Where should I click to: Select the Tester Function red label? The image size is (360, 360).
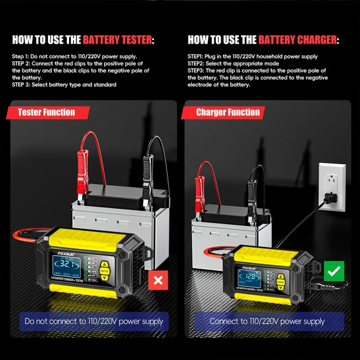47,112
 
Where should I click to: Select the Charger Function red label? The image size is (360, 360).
228,112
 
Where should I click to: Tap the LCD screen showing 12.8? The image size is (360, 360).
250,277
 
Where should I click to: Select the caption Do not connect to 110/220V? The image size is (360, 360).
94,321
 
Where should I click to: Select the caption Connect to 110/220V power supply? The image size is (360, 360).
267,321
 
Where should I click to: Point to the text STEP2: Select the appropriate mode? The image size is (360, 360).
233,63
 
